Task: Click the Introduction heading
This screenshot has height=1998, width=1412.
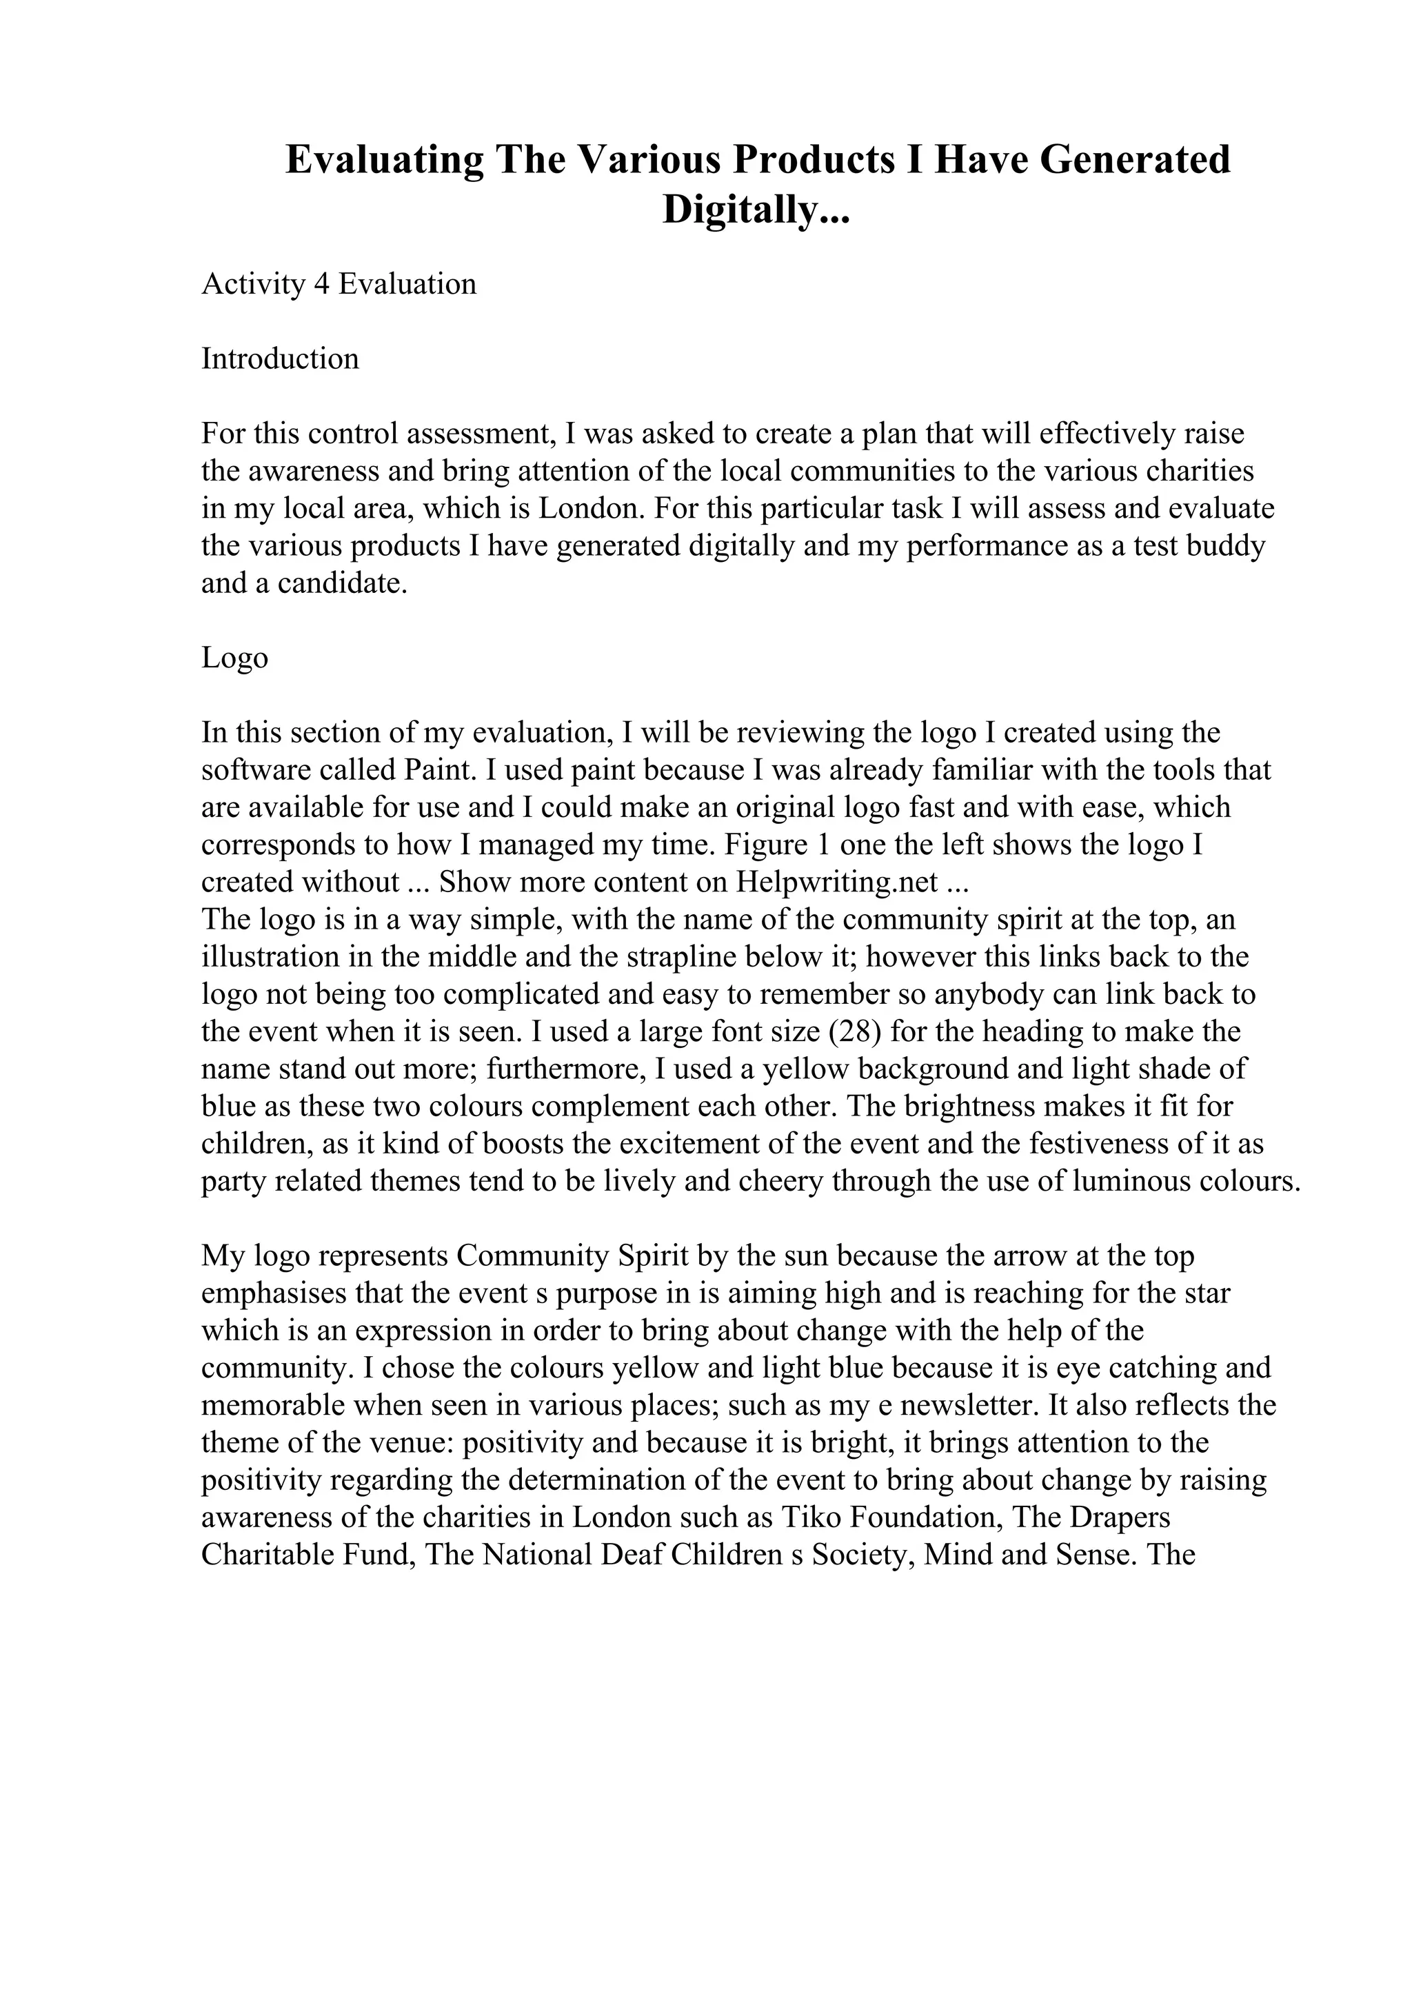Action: pyautogui.click(x=279, y=359)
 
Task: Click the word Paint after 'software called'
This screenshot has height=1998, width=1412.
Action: pyautogui.click(x=444, y=770)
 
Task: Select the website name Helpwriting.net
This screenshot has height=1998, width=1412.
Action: pyautogui.click(x=836, y=882)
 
